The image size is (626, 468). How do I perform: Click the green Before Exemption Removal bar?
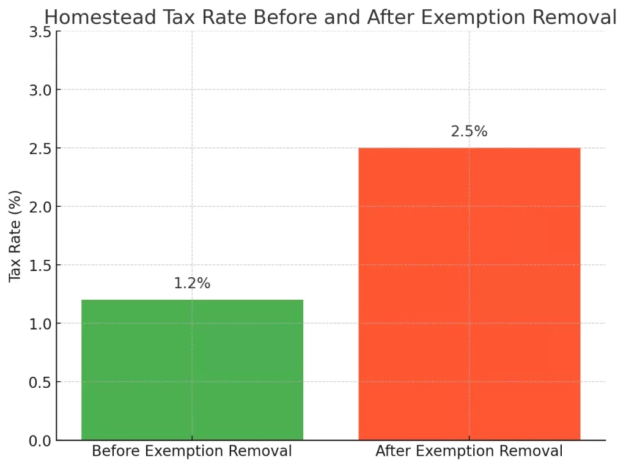tap(192, 370)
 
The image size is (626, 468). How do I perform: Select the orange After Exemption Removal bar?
tap(469, 294)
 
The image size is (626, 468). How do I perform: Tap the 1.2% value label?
tap(192, 283)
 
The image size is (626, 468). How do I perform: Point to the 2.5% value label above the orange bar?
tap(469, 132)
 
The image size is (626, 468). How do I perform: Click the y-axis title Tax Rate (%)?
tap(16, 236)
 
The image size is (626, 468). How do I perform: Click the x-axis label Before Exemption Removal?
tap(192, 452)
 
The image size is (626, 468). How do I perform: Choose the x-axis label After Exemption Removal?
tap(469, 452)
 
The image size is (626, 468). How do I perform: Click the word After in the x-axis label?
tap(392, 452)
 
